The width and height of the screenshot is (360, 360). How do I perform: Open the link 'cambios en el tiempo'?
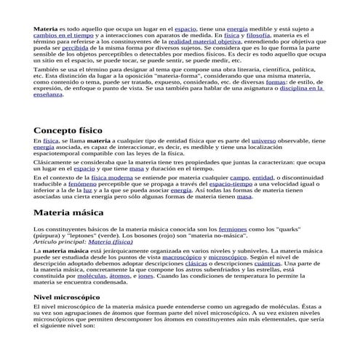(x=63, y=34)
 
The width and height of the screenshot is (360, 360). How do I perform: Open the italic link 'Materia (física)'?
(x=119, y=242)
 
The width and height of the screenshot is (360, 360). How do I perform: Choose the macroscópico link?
(x=203, y=257)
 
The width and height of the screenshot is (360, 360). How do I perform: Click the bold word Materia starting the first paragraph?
(x=46, y=27)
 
